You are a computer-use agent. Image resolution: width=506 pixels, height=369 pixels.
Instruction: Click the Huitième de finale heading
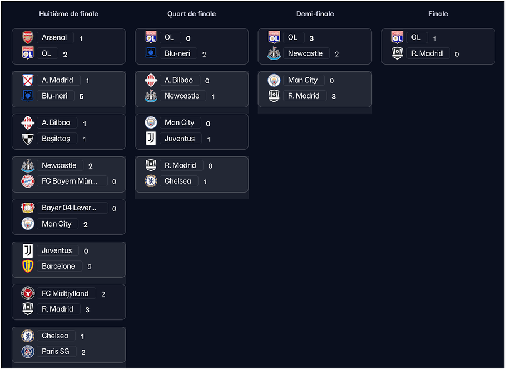coord(68,14)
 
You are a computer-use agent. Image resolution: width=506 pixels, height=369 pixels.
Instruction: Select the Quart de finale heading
coord(191,14)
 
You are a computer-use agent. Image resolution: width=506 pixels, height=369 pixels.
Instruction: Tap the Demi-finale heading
coord(315,14)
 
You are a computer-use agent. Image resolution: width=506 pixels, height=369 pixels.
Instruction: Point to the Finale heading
coord(438,14)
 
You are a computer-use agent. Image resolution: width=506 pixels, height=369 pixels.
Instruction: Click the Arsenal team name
coord(54,37)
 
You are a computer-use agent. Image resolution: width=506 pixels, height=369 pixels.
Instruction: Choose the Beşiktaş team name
coord(56,139)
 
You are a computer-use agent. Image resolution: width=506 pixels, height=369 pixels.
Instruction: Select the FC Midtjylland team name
coord(65,293)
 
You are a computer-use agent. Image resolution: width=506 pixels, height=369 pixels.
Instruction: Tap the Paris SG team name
coord(56,351)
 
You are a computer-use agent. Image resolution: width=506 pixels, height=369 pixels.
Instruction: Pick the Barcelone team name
coord(58,266)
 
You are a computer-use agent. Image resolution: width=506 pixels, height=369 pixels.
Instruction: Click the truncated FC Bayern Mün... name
coord(70,181)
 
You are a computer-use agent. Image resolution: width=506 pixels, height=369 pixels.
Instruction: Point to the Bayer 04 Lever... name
coord(69,208)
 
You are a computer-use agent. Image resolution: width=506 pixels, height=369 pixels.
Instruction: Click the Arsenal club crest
coord(28,37)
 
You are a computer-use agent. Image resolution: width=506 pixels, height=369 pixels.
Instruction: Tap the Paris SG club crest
coord(28,352)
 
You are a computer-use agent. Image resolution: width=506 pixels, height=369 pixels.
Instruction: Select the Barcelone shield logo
coord(28,266)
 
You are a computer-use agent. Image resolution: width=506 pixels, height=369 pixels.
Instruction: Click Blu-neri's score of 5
coord(81,96)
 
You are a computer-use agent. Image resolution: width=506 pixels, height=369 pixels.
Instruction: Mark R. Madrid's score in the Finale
coord(457,55)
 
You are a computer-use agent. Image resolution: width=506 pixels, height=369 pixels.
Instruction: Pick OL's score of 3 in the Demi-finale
coord(311,38)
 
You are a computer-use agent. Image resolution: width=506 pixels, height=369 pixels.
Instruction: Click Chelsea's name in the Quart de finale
coord(178,181)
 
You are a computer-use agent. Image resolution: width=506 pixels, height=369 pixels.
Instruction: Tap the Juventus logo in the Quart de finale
coord(151,138)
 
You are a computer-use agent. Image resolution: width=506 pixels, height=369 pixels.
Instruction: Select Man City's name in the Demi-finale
coord(302,80)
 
